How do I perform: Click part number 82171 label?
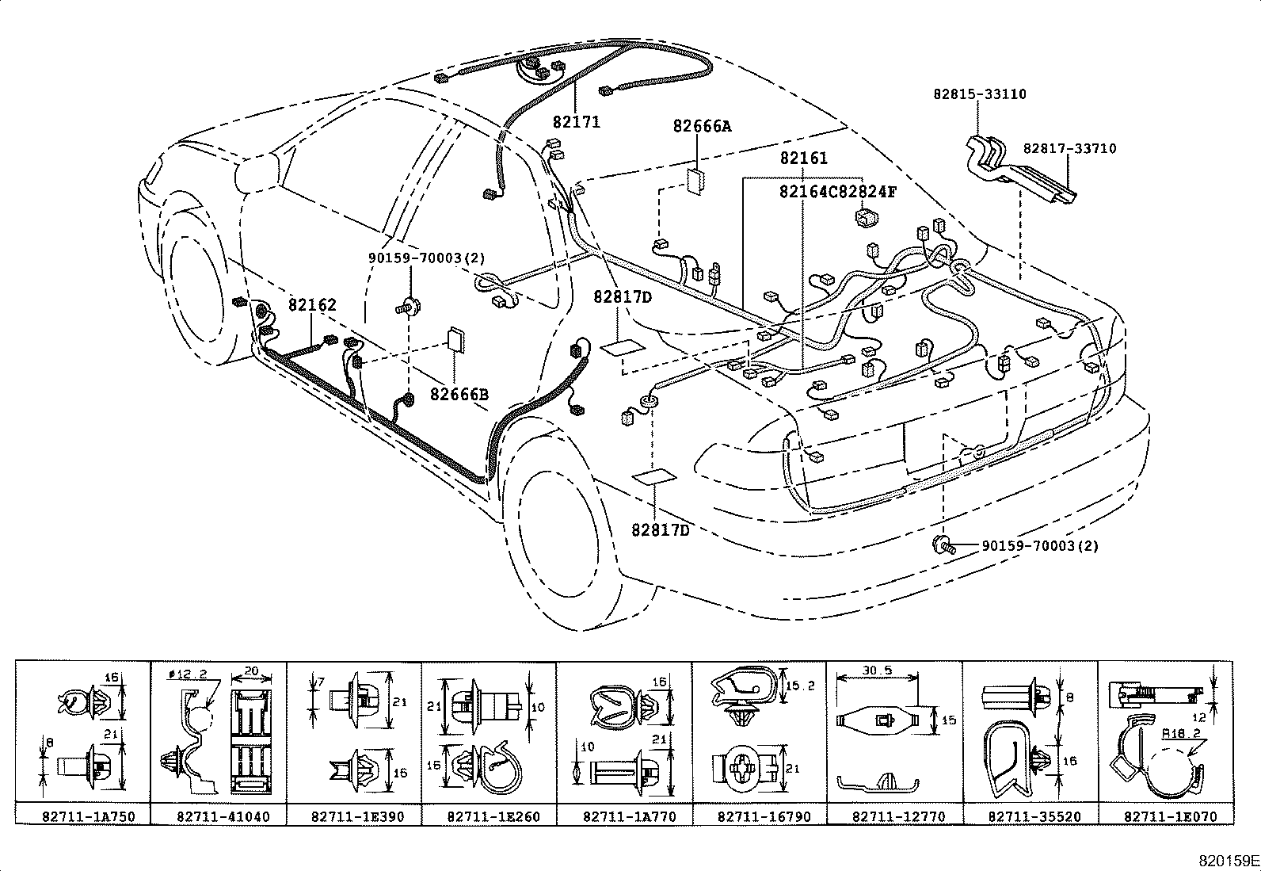click(x=576, y=122)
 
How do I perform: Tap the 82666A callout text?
click(x=703, y=126)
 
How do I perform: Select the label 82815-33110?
click(x=979, y=94)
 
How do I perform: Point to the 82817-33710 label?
click(x=1069, y=148)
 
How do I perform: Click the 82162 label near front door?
click(x=312, y=305)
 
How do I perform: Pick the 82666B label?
click(x=459, y=394)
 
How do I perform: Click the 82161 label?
click(x=803, y=159)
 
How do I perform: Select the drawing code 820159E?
click(x=1227, y=859)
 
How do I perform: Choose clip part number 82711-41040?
click(x=219, y=816)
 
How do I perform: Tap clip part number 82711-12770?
click(x=895, y=816)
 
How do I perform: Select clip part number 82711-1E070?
click(x=1165, y=816)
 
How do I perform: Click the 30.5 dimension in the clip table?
click(x=877, y=670)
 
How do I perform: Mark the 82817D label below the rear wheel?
click(x=661, y=530)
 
